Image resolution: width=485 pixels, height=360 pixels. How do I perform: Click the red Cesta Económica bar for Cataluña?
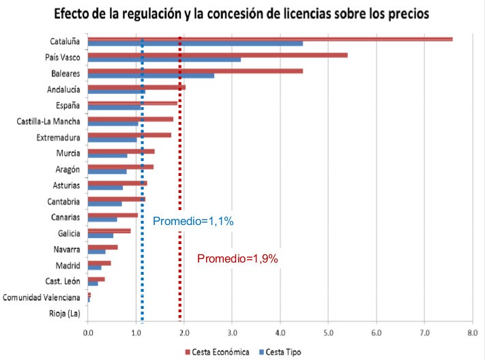point(270,39)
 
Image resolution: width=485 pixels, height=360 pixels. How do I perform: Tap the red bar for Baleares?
point(195,70)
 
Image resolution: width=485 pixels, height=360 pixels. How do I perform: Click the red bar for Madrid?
point(99,262)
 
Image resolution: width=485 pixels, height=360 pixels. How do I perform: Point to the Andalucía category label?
point(63,89)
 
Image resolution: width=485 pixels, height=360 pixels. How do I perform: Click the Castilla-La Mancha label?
point(48,121)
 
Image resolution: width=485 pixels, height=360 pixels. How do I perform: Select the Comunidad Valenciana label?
point(42,297)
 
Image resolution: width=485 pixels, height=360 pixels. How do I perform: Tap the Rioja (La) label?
point(65,314)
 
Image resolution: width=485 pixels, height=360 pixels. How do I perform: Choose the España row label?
point(68,105)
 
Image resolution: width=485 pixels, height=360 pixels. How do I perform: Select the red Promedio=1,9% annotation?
point(237,258)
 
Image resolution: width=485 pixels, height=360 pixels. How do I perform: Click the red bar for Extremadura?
point(130,135)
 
